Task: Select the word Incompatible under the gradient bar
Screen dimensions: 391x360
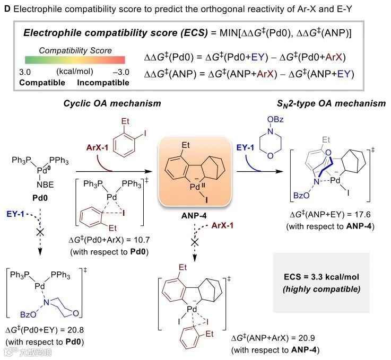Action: (103, 83)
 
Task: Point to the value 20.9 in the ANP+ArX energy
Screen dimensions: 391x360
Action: (305, 338)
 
